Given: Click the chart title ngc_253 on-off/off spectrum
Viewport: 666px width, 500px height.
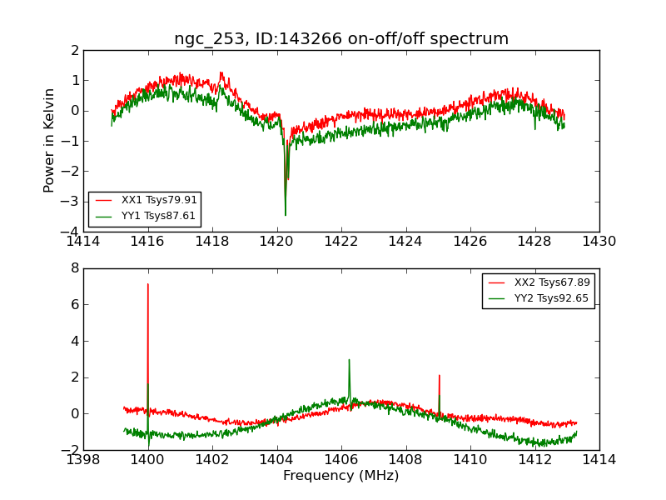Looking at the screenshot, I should coord(341,39).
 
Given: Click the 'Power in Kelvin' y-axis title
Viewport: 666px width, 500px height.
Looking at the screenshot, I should coord(50,140).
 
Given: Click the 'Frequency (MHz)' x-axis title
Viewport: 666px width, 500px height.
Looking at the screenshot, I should coord(341,476).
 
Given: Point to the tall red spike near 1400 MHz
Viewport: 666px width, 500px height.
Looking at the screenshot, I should coord(148,285).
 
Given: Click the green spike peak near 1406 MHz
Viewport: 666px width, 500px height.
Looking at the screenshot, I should coord(349,360).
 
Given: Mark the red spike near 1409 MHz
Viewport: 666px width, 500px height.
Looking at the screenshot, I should coord(439,376).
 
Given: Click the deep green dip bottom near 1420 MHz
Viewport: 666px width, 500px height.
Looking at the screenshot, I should coord(286,215).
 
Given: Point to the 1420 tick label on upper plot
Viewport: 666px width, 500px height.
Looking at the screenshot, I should coord(276,242).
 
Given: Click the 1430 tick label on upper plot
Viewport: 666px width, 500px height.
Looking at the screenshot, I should coord(599,242).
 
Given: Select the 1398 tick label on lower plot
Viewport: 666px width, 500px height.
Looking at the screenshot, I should coord(83,460).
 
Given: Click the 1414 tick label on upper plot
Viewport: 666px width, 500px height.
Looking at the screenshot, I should coord(83,242).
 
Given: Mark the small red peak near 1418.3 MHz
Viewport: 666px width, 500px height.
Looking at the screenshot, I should coord(221,72).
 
